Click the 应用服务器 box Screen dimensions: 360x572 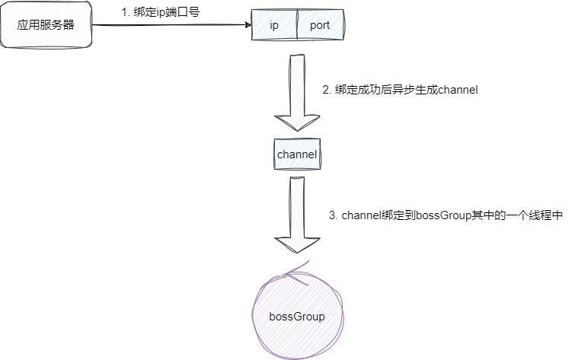click(46, 25)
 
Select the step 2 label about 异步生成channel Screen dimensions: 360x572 click(401, 90)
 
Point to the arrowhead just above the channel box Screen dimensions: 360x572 click(297, 125)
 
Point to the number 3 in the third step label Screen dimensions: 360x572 click(332, 215)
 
